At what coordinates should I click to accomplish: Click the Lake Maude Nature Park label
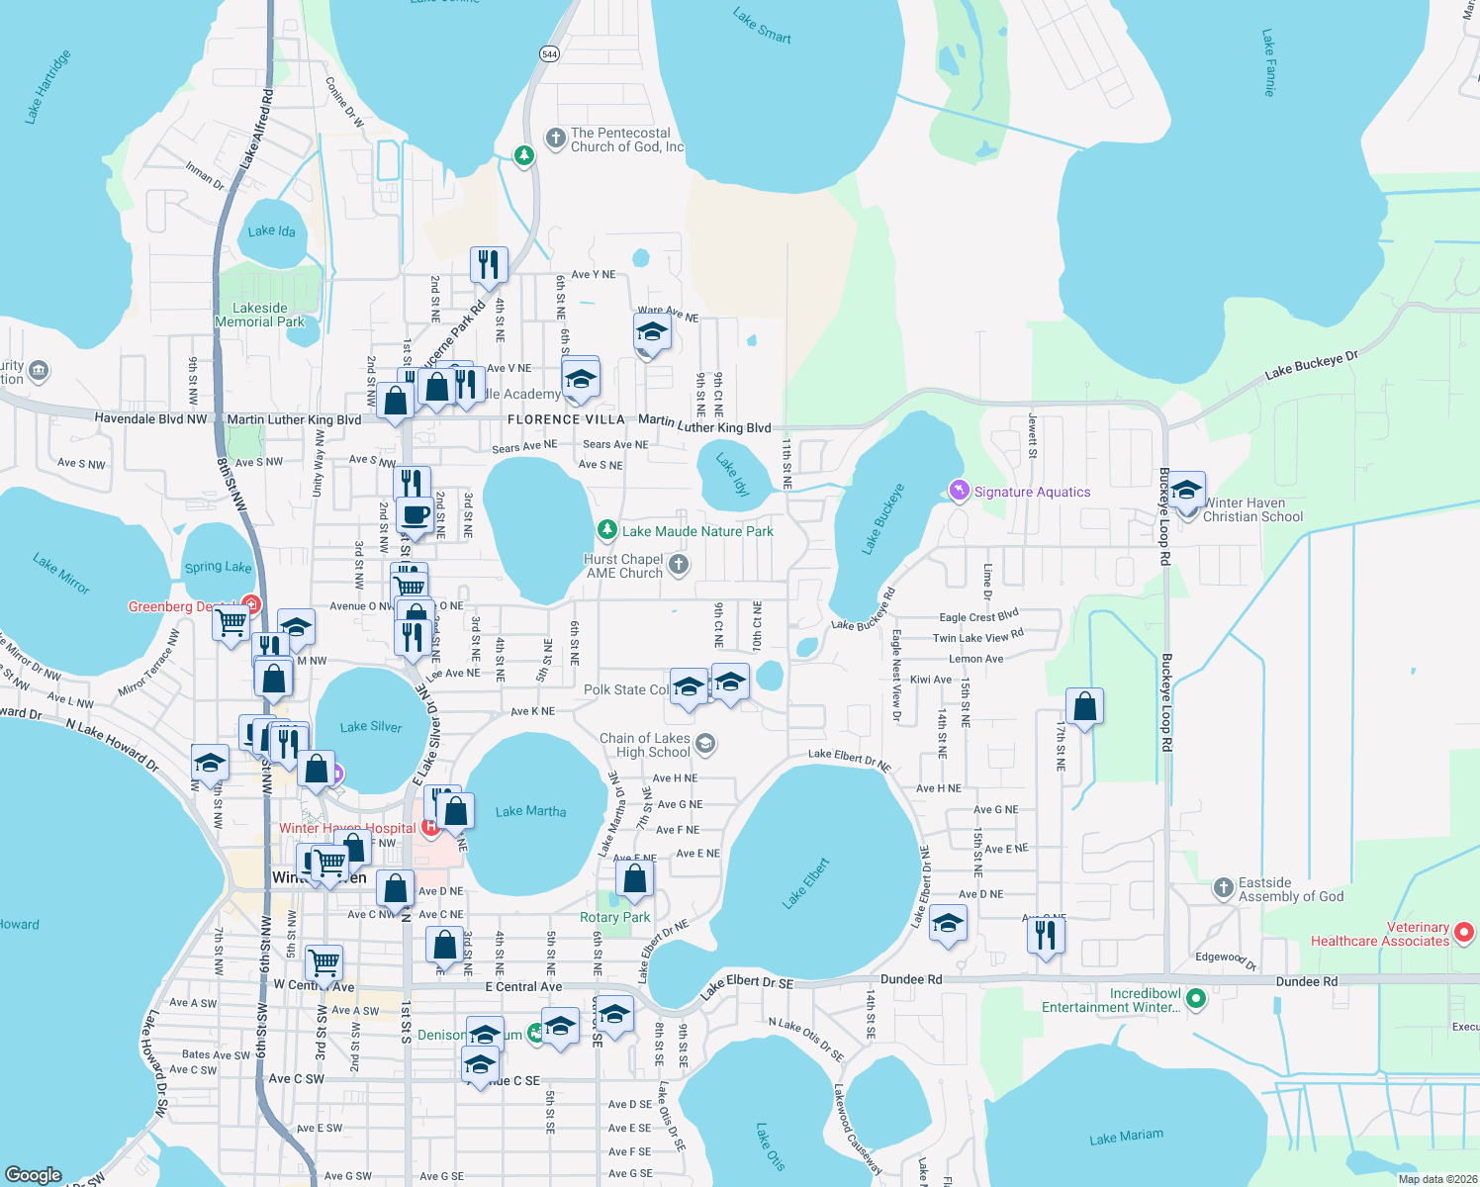(697, 531)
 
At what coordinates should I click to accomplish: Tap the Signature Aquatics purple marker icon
(958, 491)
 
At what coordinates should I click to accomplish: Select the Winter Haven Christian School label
(1252, 509)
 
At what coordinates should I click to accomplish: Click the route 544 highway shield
(550, 54)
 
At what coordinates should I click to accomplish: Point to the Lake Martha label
(530, 811)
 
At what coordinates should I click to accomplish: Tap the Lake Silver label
(371, 727)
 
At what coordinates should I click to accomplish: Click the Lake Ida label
(271, 231)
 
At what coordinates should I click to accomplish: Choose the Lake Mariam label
(1126, 1138)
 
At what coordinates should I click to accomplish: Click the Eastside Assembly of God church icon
(1224, 888)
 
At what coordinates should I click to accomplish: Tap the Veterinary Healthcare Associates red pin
(1465, 932)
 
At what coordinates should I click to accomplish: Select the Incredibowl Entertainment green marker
(1196, 999)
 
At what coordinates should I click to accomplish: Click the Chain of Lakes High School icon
(705, 743)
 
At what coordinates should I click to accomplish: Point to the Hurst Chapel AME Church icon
(678, 565)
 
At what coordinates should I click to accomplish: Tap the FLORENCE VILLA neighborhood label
(566, 419)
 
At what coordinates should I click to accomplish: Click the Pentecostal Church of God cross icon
(556, 138)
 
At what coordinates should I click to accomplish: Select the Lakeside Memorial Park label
(260, 315)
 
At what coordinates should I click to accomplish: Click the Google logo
(34, 1174)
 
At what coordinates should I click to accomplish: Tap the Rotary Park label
(614, 917)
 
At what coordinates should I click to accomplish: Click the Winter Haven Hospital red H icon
(430, 826)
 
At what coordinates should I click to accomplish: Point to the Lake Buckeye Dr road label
(1311, 364)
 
